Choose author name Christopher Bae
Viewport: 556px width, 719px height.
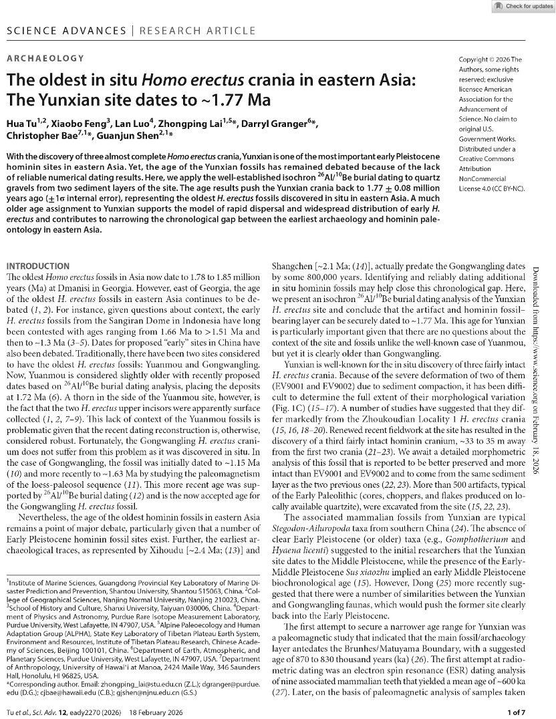[44, 138]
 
